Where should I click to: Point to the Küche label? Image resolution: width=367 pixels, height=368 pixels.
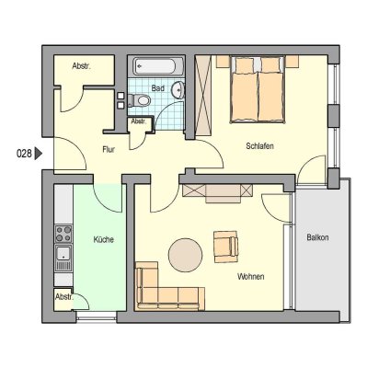[103, 241]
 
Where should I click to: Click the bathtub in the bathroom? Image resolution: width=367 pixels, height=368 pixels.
[158, 67]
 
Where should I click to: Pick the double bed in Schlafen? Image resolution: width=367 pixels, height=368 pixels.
[258, 90]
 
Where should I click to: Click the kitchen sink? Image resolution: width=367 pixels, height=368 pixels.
[63, 255]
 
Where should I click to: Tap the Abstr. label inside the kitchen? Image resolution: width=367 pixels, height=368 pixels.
[64, 296]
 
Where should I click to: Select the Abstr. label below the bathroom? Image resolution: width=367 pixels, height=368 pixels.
[138, 121]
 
